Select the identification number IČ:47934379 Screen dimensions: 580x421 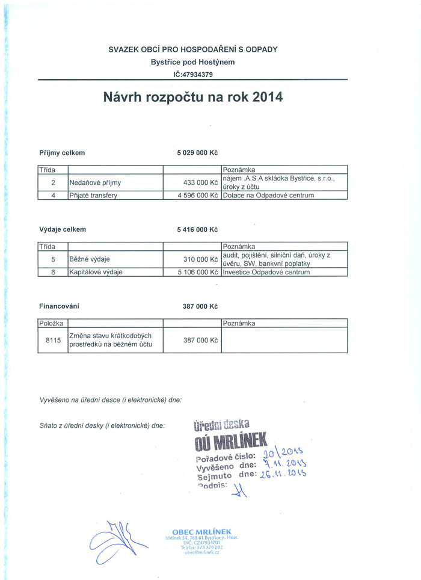pos(192,75)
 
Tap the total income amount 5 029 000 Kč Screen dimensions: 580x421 pos(197,153)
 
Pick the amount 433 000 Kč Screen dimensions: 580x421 pos(200,182)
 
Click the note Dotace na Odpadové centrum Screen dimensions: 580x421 pos(268,195)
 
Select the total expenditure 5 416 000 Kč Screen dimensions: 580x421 pos(197,229)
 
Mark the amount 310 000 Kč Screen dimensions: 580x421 pos(200,259)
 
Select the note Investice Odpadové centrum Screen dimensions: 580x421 pos(266,272)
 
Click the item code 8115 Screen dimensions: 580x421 pos(54,341)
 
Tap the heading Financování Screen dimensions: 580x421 pos(59,306)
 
